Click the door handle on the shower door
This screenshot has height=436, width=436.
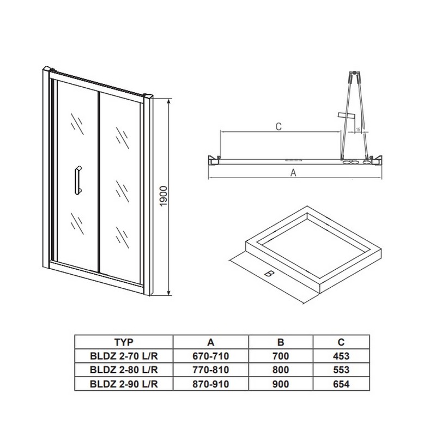point(78,181)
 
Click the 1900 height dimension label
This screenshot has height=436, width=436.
point(164,196)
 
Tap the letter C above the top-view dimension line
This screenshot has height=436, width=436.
point(278,126)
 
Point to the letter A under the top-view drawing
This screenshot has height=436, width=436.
point(293,173)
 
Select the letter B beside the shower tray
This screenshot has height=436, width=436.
point(269,274)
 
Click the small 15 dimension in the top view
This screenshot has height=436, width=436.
point(358,129)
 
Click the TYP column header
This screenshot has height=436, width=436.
point(124,342)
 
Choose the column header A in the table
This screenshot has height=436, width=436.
point(211,342)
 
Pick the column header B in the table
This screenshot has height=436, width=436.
point(281,342)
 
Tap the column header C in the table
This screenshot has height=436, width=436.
point(341,342)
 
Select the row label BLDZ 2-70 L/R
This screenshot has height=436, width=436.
point(124,356)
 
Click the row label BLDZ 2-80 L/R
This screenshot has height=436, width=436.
point(124,370)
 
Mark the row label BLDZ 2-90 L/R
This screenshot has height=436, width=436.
point(124,384)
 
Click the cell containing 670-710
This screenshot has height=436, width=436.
point(211,356)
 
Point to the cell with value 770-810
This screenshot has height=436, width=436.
point(211,370)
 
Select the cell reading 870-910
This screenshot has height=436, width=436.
point(211,384)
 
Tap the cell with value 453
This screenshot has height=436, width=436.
point(341,356)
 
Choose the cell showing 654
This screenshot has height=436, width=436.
point(341,384)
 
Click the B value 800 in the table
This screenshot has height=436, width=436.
point(281,370)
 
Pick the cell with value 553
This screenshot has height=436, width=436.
point(341,370)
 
